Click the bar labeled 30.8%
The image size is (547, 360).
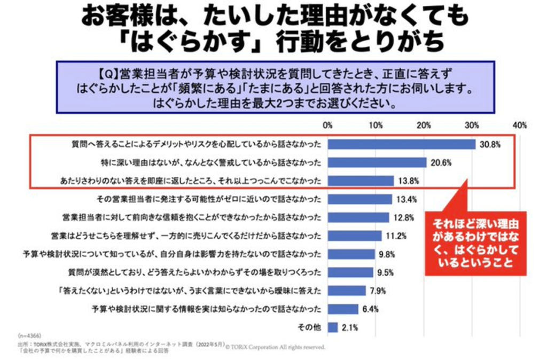tap(401, 145)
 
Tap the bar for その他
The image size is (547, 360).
tap(333, 327)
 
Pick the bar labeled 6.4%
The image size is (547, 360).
tap(343, 309)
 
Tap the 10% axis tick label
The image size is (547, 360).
tap(376, 126)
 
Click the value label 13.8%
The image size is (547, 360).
tap(408, 181)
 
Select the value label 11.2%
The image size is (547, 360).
tap(396, 236)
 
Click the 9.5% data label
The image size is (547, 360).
tap(385, 272)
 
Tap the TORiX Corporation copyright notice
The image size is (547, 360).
tap(276, 347)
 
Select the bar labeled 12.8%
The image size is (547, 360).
tap(358, 217)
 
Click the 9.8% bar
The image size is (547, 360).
tap(351, 254)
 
